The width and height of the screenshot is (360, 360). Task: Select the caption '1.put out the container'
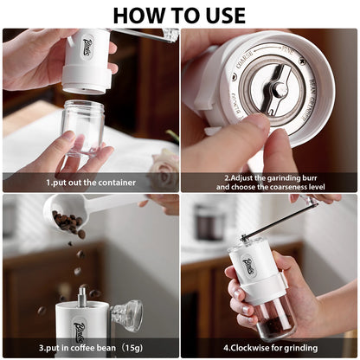(90, 183)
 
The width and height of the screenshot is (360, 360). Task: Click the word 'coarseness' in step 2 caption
(281, 187)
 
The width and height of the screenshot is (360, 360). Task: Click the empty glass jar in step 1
(84, 126)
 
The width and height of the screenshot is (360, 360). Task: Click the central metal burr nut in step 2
(278, 90)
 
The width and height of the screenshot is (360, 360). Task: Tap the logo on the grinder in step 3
(80, 329)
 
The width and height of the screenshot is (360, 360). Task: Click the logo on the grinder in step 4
(249, 265)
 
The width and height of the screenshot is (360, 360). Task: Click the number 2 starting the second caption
(224, 177)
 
